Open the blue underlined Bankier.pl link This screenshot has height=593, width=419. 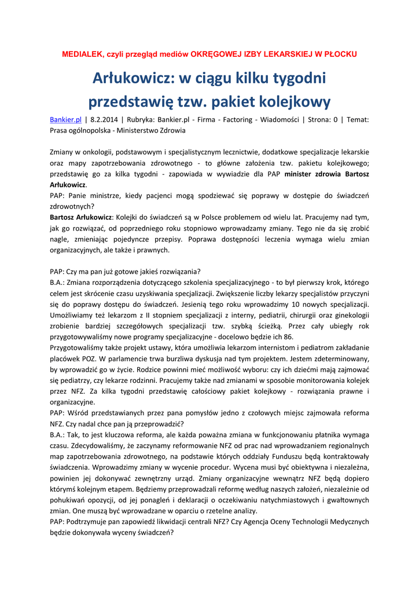tap(65, 120)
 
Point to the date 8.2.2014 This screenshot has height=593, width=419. tap(105, 120)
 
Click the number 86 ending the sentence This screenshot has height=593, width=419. tap(289, 336)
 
